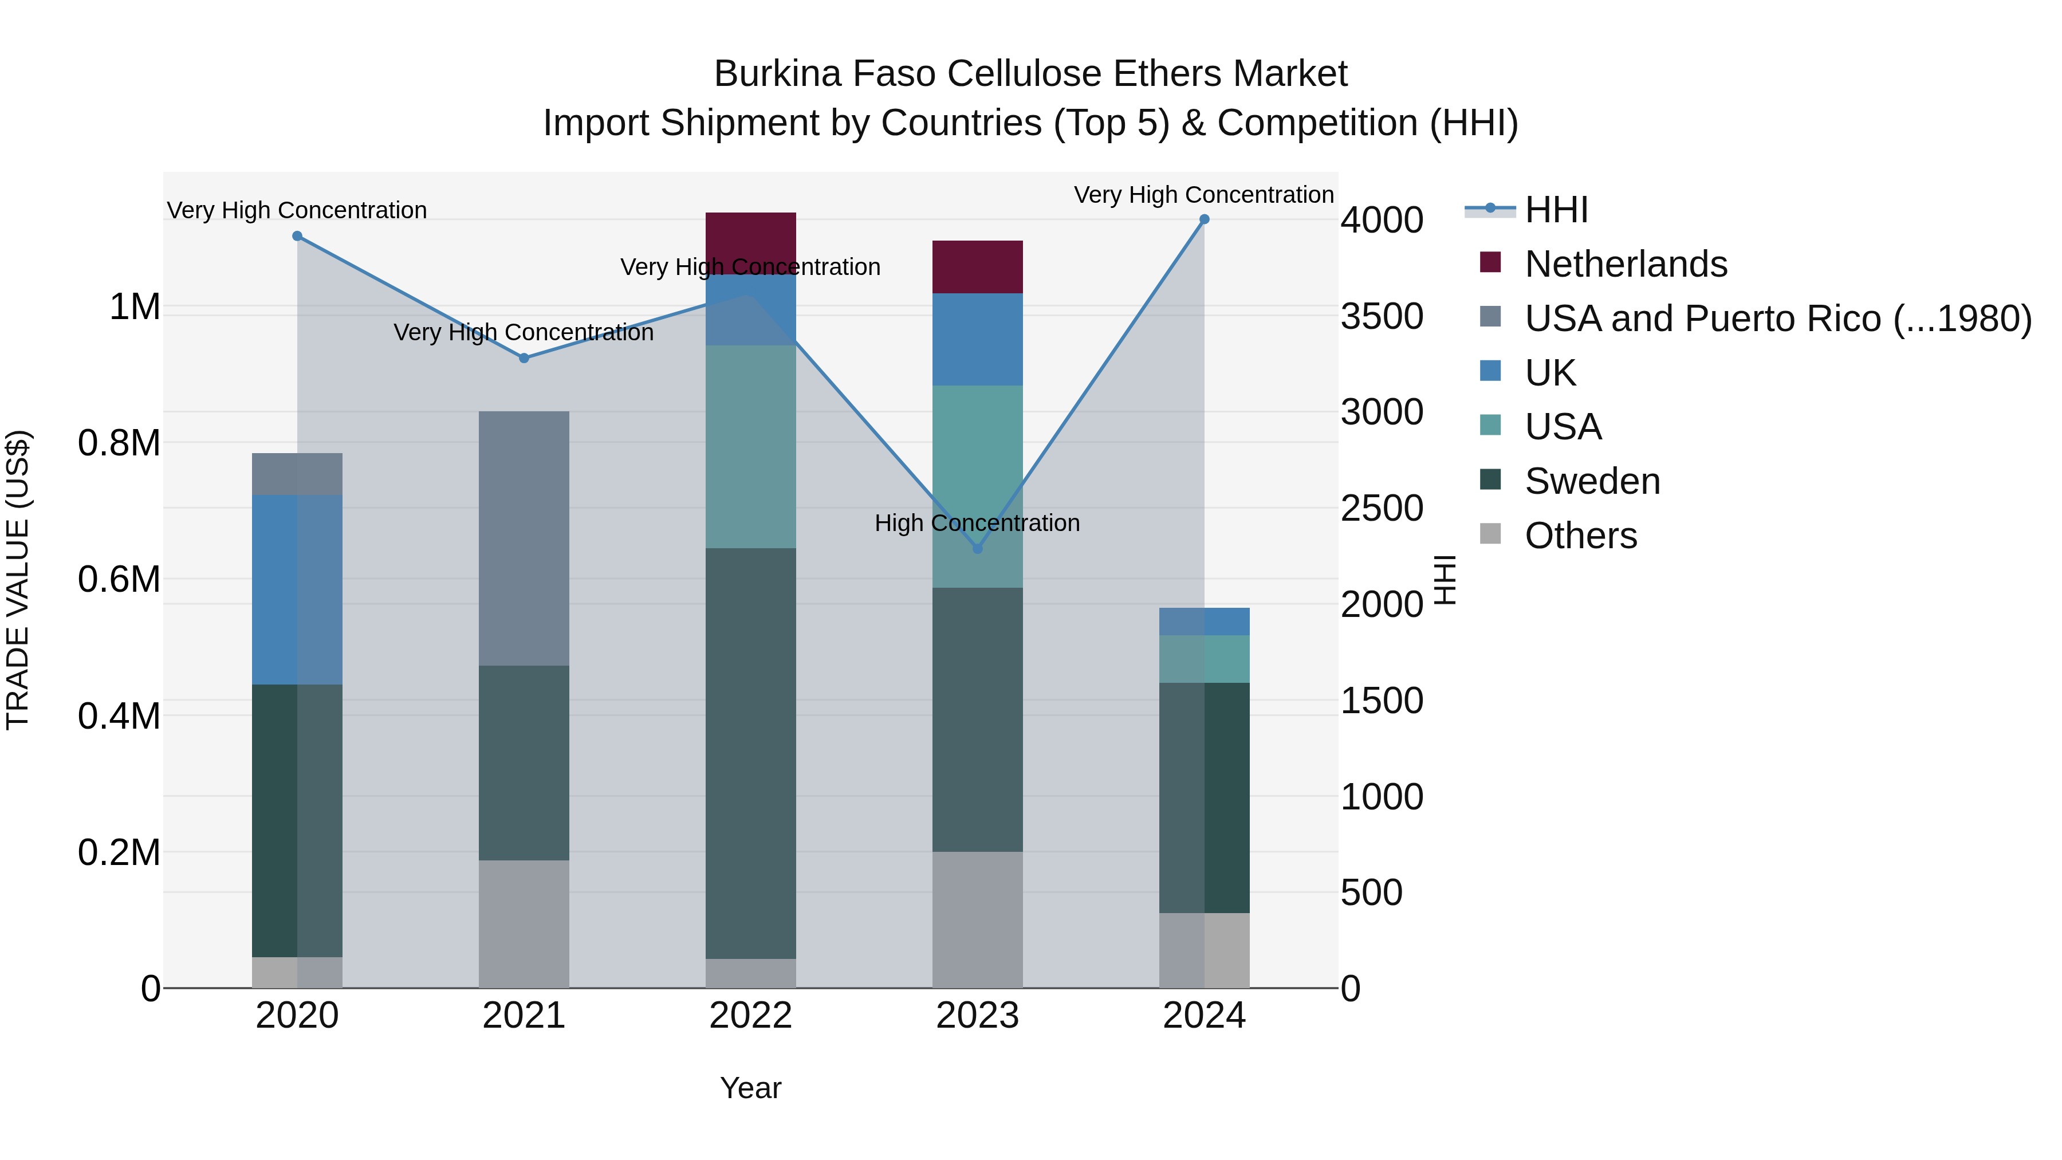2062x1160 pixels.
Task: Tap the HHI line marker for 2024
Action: coord(1204,219)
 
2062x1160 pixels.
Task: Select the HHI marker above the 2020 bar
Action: coord(297,236)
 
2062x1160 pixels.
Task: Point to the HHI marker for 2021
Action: coord(524,358)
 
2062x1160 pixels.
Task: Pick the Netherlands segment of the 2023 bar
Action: coord(977,266)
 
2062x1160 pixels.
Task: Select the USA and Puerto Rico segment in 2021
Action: coord(524,538)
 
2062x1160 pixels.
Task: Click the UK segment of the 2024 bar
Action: coord(1204,621)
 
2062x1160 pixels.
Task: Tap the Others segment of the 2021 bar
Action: coord(524,924)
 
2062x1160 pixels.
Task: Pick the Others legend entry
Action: coord(1580,536)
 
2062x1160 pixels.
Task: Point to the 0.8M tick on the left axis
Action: coord(119,443)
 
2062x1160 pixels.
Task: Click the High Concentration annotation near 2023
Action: coord(977,523)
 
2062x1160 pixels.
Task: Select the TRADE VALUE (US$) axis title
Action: coord(18,580)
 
